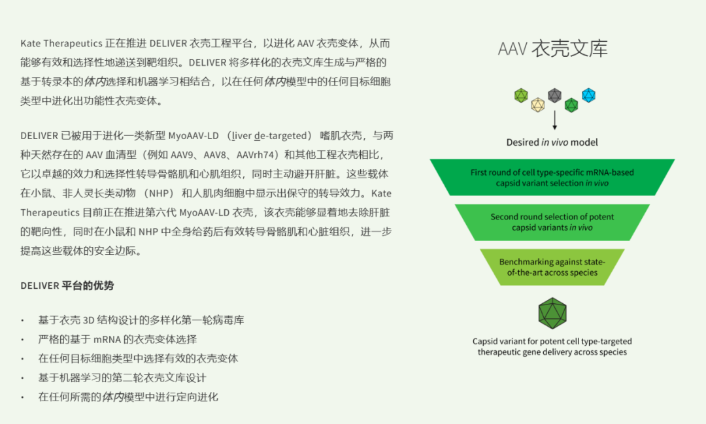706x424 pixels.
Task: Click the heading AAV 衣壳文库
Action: tap(552, 49)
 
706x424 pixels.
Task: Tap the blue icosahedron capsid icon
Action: tap(588, 95)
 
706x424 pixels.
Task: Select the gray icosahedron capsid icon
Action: tap(554, 95)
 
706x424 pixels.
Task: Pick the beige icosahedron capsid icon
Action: tap(537, 105)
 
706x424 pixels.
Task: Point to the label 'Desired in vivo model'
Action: tap(552, 142)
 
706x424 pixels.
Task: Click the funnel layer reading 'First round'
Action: tap(552, 178)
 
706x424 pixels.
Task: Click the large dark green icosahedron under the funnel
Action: tap(552, 313)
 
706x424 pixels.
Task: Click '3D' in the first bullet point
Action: tap(89, 320)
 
